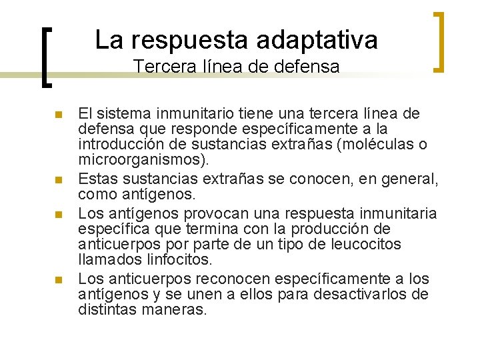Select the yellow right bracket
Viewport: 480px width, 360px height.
(x=440, y=41)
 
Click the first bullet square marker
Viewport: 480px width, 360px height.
(x=59, y=115)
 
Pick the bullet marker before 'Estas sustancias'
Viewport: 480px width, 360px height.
(x=59, y=180)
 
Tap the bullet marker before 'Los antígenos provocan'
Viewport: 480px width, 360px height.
(x=59, y=215)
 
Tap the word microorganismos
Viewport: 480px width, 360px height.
(x=141, y=160)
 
